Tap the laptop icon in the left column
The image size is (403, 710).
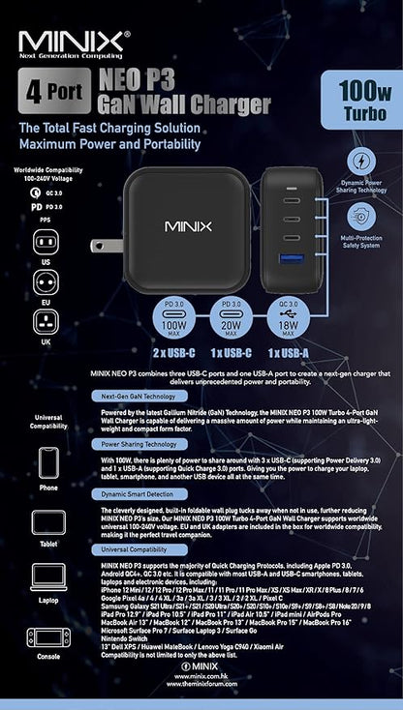47,577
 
